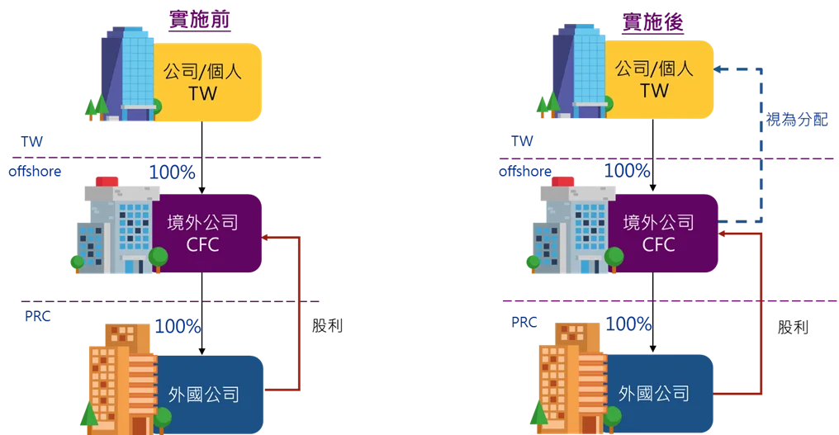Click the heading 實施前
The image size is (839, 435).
(x=200, y=19)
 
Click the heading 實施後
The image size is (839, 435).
(x=653, y=22)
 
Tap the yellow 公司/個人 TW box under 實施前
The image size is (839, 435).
(x=206, y=82)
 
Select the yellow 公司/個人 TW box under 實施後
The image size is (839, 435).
(x=659, y=79)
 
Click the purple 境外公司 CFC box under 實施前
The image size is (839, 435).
(x=206, y=234)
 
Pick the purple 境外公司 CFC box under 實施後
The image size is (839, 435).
(x=662, y=234)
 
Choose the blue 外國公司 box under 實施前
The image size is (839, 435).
(x=209, y=395)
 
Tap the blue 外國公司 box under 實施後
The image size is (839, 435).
(x=659, y=393)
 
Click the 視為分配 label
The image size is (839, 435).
(x=797, y=120)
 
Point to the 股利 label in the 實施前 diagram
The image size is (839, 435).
(x=328, y=325)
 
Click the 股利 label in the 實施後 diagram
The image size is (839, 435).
(x=793, y=327)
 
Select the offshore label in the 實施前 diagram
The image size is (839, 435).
(x=35, y=171)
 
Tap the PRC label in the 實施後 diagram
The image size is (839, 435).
(x=524, y=322)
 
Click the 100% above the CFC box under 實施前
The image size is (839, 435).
(x=173, y=173)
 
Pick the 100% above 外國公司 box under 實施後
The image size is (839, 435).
(x=628, y=324)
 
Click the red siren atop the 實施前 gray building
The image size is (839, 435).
(x=107, y=182)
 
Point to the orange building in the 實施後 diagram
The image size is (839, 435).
(x=572, y=377)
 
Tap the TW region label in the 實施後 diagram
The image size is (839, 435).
(x=522, y=141)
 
